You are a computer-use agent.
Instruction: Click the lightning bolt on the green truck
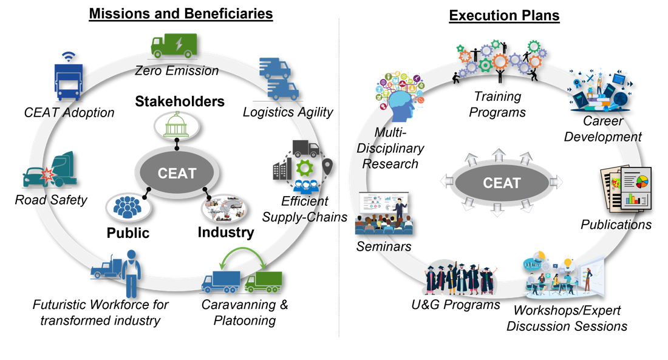point(178,44)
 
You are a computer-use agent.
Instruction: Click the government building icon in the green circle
point(177,126)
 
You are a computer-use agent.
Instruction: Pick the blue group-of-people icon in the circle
point(127,207)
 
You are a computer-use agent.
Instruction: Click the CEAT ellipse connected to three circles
point(177,174)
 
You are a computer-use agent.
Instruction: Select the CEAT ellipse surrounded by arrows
point(502,182)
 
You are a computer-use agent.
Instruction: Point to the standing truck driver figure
point(131,273)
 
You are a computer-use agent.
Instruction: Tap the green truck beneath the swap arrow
point(264,280)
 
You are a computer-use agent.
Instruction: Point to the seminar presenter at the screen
point(399,209)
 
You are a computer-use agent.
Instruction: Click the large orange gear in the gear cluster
point(500,60)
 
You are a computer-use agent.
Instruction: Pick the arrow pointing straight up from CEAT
point(497,152)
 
